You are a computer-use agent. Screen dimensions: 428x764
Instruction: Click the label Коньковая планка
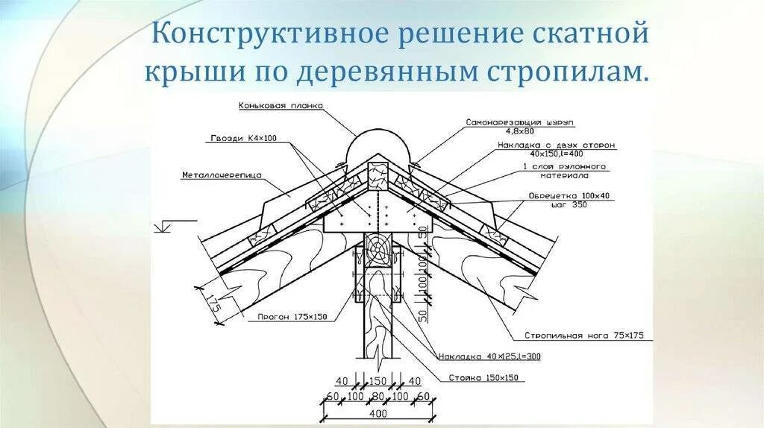[x=281, y=106]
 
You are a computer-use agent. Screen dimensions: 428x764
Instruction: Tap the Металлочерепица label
[x=210, y=175]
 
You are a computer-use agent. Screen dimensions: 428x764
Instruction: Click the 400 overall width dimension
[x=378, y=412]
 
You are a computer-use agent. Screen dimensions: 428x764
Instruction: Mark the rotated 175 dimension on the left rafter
[x=213, y=303]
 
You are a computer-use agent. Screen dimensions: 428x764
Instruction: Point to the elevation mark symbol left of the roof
[x=164, y=224]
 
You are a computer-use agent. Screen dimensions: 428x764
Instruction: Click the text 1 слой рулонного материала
[x=564, y=171]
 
